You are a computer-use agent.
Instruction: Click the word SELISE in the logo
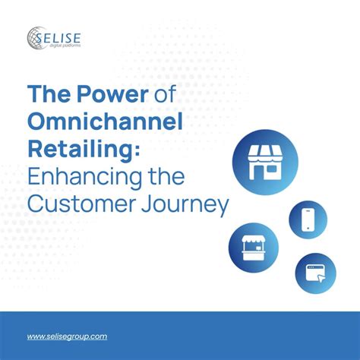[58, 38]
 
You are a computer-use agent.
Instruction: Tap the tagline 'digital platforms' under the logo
[65, 46]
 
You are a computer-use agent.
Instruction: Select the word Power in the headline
[112, 93]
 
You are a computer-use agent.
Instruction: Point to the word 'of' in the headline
[165, 93]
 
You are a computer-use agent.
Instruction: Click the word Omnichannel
[105, 121]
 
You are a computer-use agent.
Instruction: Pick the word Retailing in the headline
[80, 150]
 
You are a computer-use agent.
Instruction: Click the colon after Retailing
[137, 151]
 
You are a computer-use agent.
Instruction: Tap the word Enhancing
[85, 177]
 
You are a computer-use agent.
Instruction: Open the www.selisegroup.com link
[67, 336]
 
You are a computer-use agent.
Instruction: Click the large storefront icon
[265, 163]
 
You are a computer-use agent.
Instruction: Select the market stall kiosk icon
[254, 248]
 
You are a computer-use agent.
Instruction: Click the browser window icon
[315, 273]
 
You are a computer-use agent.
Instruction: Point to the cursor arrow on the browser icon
[321, 279]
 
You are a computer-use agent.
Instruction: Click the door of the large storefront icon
[258, 172]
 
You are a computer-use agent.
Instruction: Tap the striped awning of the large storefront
[265, 153]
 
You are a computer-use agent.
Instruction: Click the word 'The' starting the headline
[49, 93]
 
